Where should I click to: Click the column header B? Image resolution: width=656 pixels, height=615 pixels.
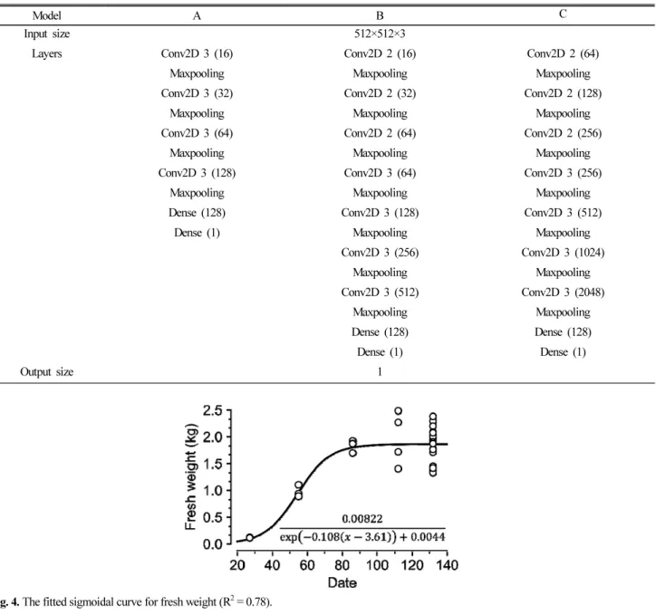(x=380, y=15)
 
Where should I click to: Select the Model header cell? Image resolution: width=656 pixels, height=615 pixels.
(x=47, y=15)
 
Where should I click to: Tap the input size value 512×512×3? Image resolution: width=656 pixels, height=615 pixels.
(x=380, y=34)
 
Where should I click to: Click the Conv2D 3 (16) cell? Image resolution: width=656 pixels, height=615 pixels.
(x=197, y=53)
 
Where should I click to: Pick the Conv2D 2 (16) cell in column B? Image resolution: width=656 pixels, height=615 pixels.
(x=380, y=53)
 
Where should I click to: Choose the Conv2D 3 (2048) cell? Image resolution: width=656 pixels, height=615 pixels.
(x=563, y=293)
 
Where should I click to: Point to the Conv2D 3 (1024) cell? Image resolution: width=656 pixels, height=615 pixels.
(x=563, y=253)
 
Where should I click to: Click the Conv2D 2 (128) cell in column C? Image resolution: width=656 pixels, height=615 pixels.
(x=563, y=93)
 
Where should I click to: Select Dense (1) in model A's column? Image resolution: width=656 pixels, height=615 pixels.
(x=197, y=233)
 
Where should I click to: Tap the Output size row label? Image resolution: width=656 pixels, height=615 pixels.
(x=47, y=371)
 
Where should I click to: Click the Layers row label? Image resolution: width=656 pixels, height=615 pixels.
(x=47, y=53)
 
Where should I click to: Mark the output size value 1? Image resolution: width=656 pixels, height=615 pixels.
(x=380, y=371)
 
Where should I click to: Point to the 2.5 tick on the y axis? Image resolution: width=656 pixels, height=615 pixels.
(x=212, y=410)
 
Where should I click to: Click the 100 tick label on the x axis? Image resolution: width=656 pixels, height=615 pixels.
(x=377, y=565)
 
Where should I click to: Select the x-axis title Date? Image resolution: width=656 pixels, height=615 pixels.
(x=342, y=582)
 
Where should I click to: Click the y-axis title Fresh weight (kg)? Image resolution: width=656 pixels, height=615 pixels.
(x=190, y=477)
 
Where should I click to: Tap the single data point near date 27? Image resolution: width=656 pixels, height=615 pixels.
(x=249, y=537)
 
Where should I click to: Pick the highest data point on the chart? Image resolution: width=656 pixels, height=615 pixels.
(x=399, y=411)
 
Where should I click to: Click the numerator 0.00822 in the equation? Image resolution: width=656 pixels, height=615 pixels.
(x=362, y=519)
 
